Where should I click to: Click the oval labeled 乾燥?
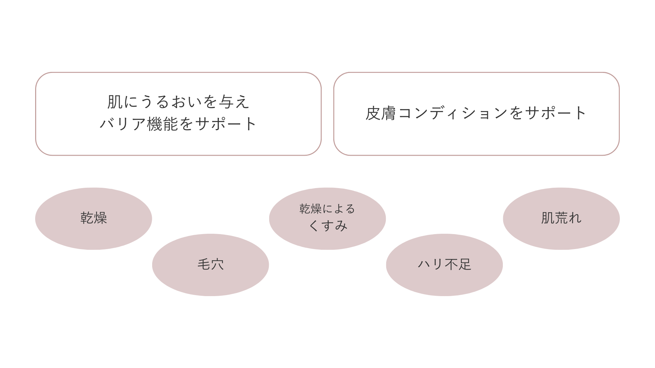(93, 218)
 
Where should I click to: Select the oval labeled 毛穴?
(210, 265)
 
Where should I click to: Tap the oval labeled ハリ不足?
(444, 265)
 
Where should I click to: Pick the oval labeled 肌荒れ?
(561, 218)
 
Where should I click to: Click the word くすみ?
(327, 226)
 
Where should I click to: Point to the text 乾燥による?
(327, 209)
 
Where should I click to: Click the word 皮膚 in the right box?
(380, 113)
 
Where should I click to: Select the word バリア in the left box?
(123, 124)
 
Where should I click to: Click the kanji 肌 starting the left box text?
(115, 102)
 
